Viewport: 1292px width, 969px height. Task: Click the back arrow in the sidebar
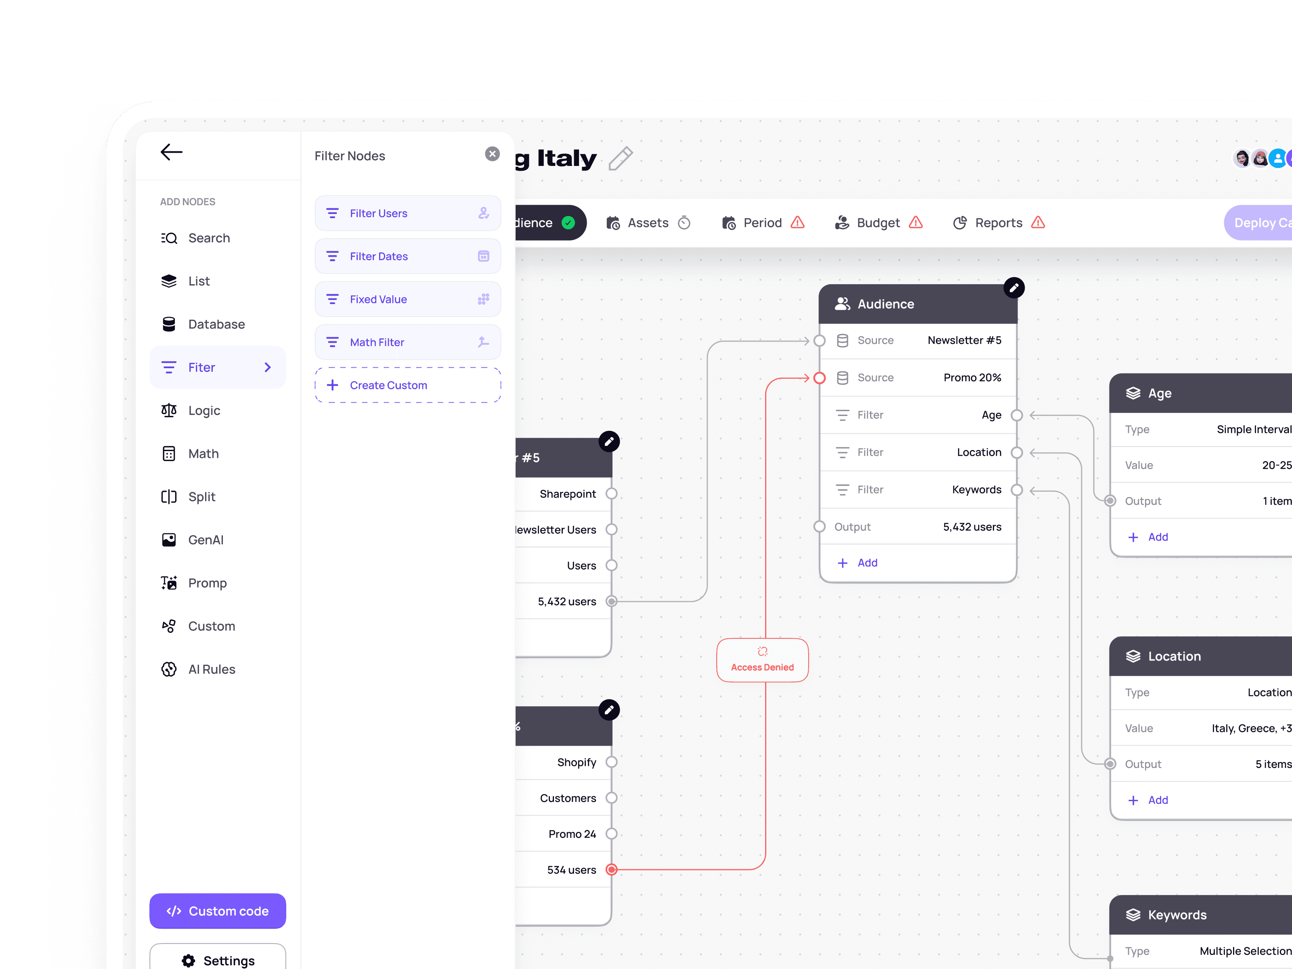[171, 153]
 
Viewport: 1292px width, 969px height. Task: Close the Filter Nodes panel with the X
[493, 154]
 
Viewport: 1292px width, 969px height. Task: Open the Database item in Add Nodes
[216, 324]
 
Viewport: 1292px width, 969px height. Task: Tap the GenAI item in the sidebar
[206, 540]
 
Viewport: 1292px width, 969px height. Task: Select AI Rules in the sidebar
[212, 669]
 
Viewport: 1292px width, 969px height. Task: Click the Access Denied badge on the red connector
[762, 660]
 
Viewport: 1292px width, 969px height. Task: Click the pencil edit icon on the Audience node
[1014, 288]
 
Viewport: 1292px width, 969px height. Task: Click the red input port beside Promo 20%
[820, 378]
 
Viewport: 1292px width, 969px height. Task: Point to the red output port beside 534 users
[612, 870]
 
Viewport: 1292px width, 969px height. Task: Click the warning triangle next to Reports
[1038, 222]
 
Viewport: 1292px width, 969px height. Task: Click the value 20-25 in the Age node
[1276, 466]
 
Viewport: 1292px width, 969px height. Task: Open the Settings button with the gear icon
[218, 960]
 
